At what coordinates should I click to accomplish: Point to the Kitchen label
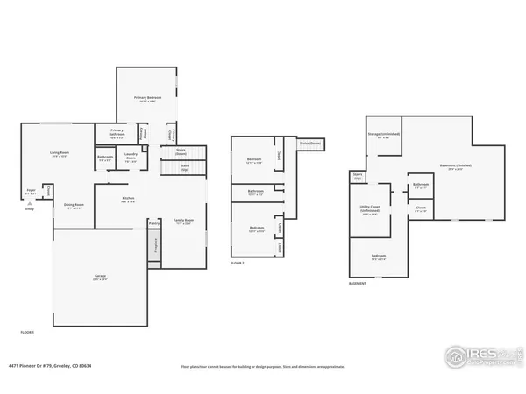(129, 200)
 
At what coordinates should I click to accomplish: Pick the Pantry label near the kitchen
(154, 223)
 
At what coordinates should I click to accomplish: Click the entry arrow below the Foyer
(30, 202)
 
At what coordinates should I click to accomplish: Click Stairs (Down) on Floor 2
(309, 143)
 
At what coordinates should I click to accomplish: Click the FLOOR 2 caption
(237, 263)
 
